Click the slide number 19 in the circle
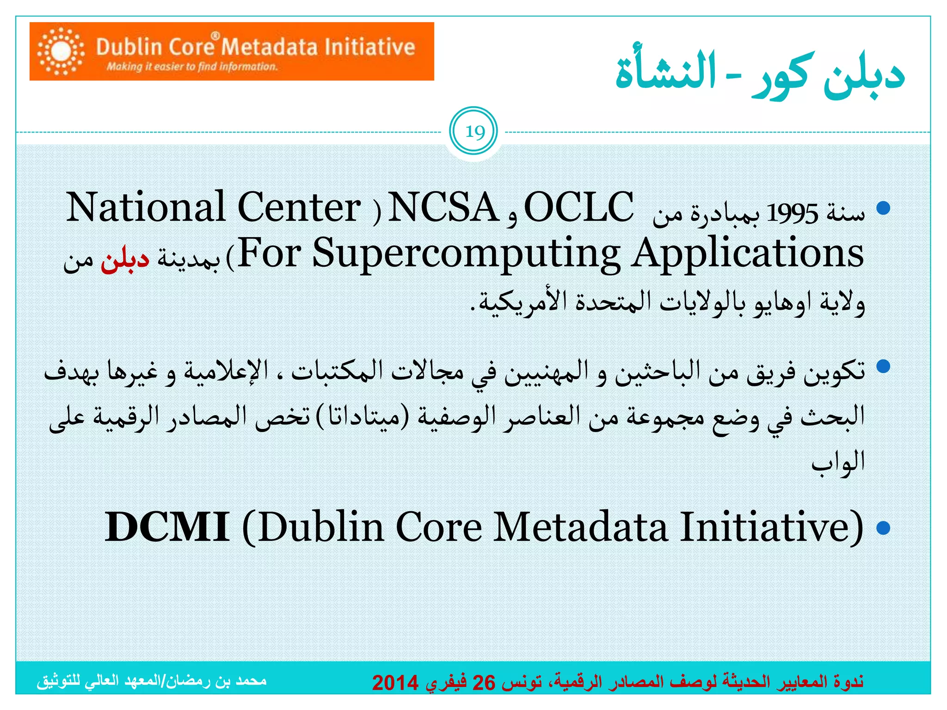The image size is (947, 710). (x=474, y=132)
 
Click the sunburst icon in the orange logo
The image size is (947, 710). (x=61, y=51)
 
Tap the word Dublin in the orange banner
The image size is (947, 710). (x=129, y=47)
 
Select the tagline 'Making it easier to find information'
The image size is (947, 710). (x=192, y=67)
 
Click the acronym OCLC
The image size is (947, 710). (x=578, y=208)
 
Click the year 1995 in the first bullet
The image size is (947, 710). (x=792, y=214)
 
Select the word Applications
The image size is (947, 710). (x=748, y=254)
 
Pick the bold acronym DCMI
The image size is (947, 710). (x=166, y=526)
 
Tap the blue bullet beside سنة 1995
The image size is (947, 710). (x=883, y=208)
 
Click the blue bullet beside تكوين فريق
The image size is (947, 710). (x=883, y=367)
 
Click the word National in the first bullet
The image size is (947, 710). (x=146, y=208)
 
